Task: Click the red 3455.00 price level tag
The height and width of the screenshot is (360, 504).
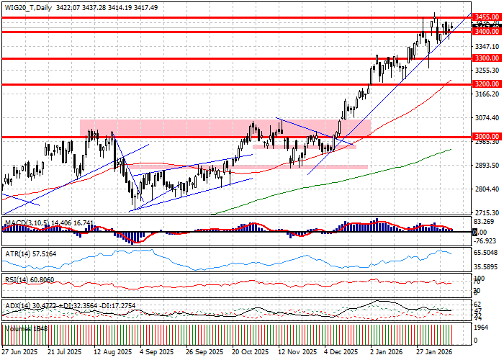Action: click(x=487, y=17)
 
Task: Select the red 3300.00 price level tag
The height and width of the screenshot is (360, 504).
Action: click(x=487, y=58)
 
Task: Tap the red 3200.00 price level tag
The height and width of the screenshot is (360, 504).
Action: click(x=487, y=84)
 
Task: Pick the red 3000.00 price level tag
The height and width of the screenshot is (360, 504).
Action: click(x=487, y=136)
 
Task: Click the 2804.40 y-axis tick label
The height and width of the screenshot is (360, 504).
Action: click(x=487, y=189)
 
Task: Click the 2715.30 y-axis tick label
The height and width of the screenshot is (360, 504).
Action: click(x=487, y=213)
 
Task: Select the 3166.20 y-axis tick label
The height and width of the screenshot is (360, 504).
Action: click(x=487, y=94)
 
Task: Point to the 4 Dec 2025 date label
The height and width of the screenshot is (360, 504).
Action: click(x=341, y=353)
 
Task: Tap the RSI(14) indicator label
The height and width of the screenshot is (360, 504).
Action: click(x=13, y=279)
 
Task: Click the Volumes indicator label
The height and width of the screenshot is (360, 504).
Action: click(x=16, y=328)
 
